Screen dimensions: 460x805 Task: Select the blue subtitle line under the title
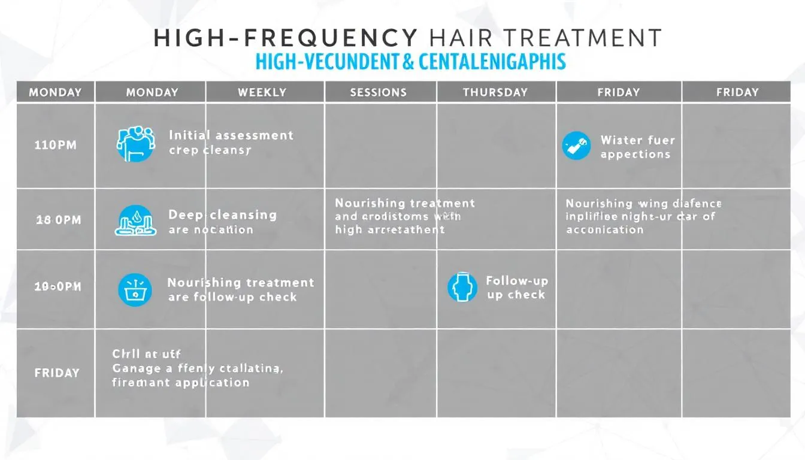(x=410, y=62)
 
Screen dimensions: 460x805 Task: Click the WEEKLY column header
(x=262, y=92)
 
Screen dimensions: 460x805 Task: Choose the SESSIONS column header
(x=379, y=92)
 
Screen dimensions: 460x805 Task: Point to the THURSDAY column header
(x=495, y=92)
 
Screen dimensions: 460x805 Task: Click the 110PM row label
(x=56, y=145)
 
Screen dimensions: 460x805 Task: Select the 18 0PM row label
(x=58, y=220)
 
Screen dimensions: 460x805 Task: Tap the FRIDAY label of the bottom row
(x=57, y=373)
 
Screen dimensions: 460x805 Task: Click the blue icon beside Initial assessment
(x=135, y=144)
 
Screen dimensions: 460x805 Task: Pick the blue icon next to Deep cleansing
(x=135, y=221)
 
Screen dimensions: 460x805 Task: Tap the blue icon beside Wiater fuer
(x=576, y=146)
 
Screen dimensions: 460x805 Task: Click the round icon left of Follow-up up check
(x=462, y=287)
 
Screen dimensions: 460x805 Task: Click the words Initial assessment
(x=231, y=135)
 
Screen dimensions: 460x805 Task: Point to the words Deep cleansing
(x=223, y=214)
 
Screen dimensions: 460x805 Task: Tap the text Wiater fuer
(x=637, y=140)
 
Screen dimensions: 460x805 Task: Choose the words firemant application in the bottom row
(x=181, y=383)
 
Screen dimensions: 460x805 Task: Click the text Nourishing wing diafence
(x=643, y=204)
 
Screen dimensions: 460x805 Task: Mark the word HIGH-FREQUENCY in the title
(x=285, y=38)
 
